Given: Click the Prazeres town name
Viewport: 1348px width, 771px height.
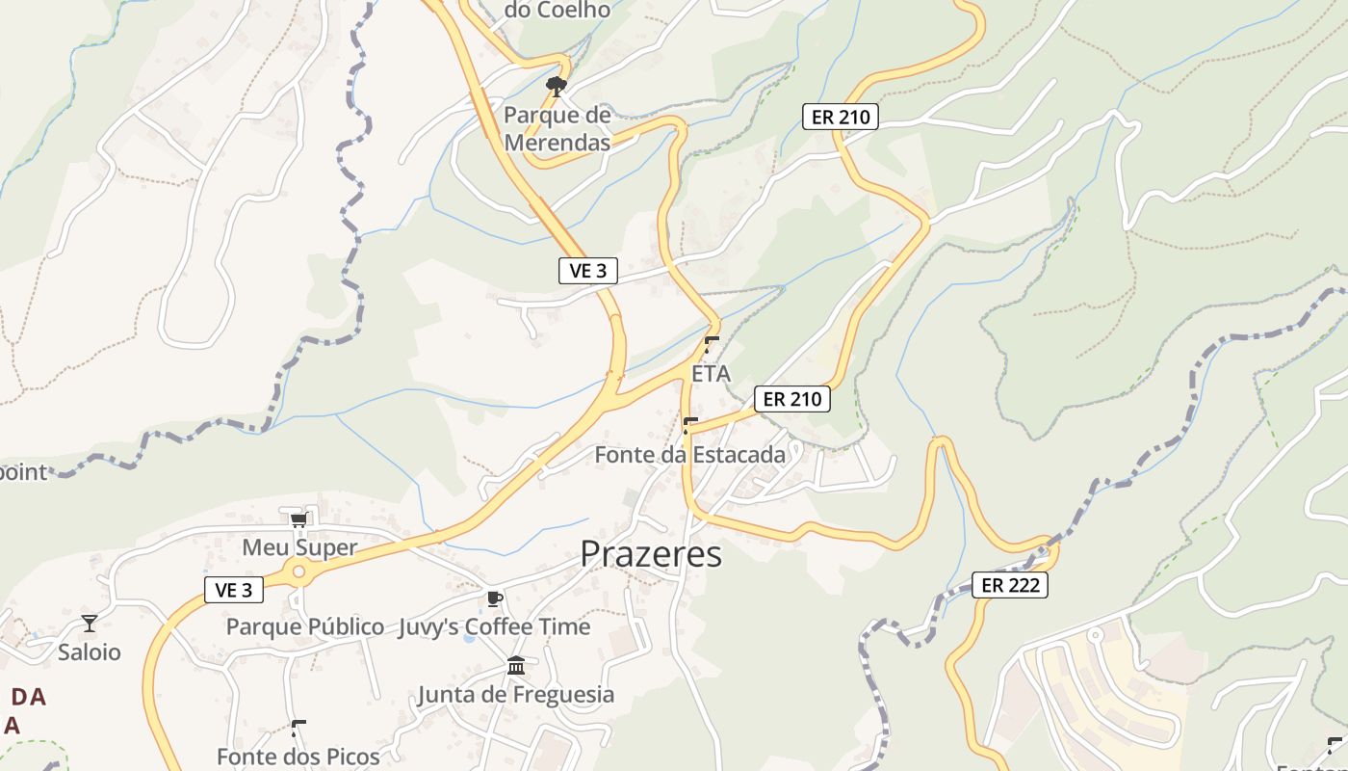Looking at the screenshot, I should click(651, 554).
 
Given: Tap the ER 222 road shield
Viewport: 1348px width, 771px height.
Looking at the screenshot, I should click(1009, 585).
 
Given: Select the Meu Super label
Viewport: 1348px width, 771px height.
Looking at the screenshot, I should click(299, 547).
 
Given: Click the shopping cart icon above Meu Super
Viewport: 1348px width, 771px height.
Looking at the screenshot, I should click(298, 520).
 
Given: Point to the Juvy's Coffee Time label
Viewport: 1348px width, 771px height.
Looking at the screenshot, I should click(494, 626).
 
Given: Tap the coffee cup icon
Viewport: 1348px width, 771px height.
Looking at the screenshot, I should click(494, 598).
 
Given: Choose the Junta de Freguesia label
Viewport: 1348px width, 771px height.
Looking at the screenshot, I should click(515, 694).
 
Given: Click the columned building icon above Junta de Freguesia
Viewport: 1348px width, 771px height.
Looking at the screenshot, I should click(515, 666).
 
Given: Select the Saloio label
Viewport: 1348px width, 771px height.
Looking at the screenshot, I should click(90, 652).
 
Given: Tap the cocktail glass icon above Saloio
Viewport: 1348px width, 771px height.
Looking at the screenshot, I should click(90, 624).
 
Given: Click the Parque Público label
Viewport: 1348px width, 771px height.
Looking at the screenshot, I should click(305, 626).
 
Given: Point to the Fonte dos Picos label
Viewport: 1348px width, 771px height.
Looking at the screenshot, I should click(298, 757).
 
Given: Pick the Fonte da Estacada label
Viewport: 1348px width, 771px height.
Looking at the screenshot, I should click(690, 454).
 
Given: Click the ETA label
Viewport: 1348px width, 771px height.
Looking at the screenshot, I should click(712, 373).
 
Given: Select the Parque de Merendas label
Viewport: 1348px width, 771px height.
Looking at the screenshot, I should click(557, 129).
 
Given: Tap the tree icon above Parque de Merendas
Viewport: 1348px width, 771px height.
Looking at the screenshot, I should click(556, 88).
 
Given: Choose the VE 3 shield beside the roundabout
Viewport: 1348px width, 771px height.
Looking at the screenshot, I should click(234, 591).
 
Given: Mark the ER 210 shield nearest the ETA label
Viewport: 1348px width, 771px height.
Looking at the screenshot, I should click(791, 399).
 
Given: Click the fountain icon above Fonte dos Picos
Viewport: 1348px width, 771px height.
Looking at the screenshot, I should click(298, 728).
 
